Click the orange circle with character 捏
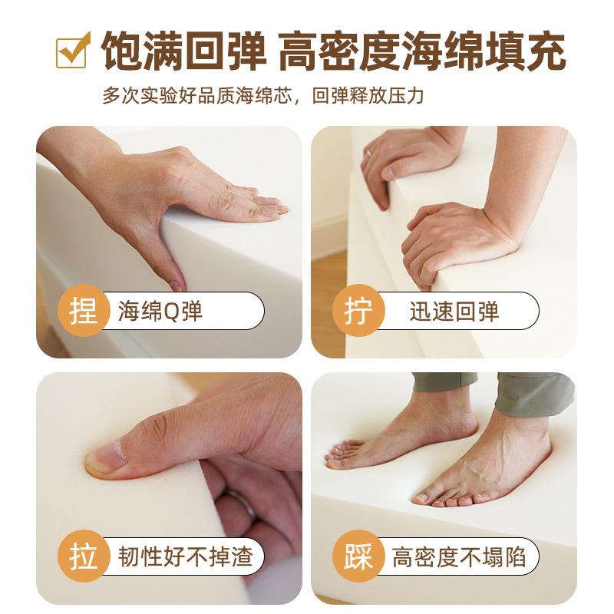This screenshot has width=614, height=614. (82, 311)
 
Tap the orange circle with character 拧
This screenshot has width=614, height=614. (357, 311)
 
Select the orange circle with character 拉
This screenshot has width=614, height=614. (82, 556)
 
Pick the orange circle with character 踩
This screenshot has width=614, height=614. (357, 556)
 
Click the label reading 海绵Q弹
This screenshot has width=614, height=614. (160, 312)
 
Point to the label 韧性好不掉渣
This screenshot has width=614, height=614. (185, 556)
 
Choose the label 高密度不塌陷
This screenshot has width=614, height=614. (459, 556)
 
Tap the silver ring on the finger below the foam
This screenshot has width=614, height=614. (239, 506)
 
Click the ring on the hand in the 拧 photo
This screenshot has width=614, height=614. (368, 153)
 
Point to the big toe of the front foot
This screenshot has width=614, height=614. (421, 499)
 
